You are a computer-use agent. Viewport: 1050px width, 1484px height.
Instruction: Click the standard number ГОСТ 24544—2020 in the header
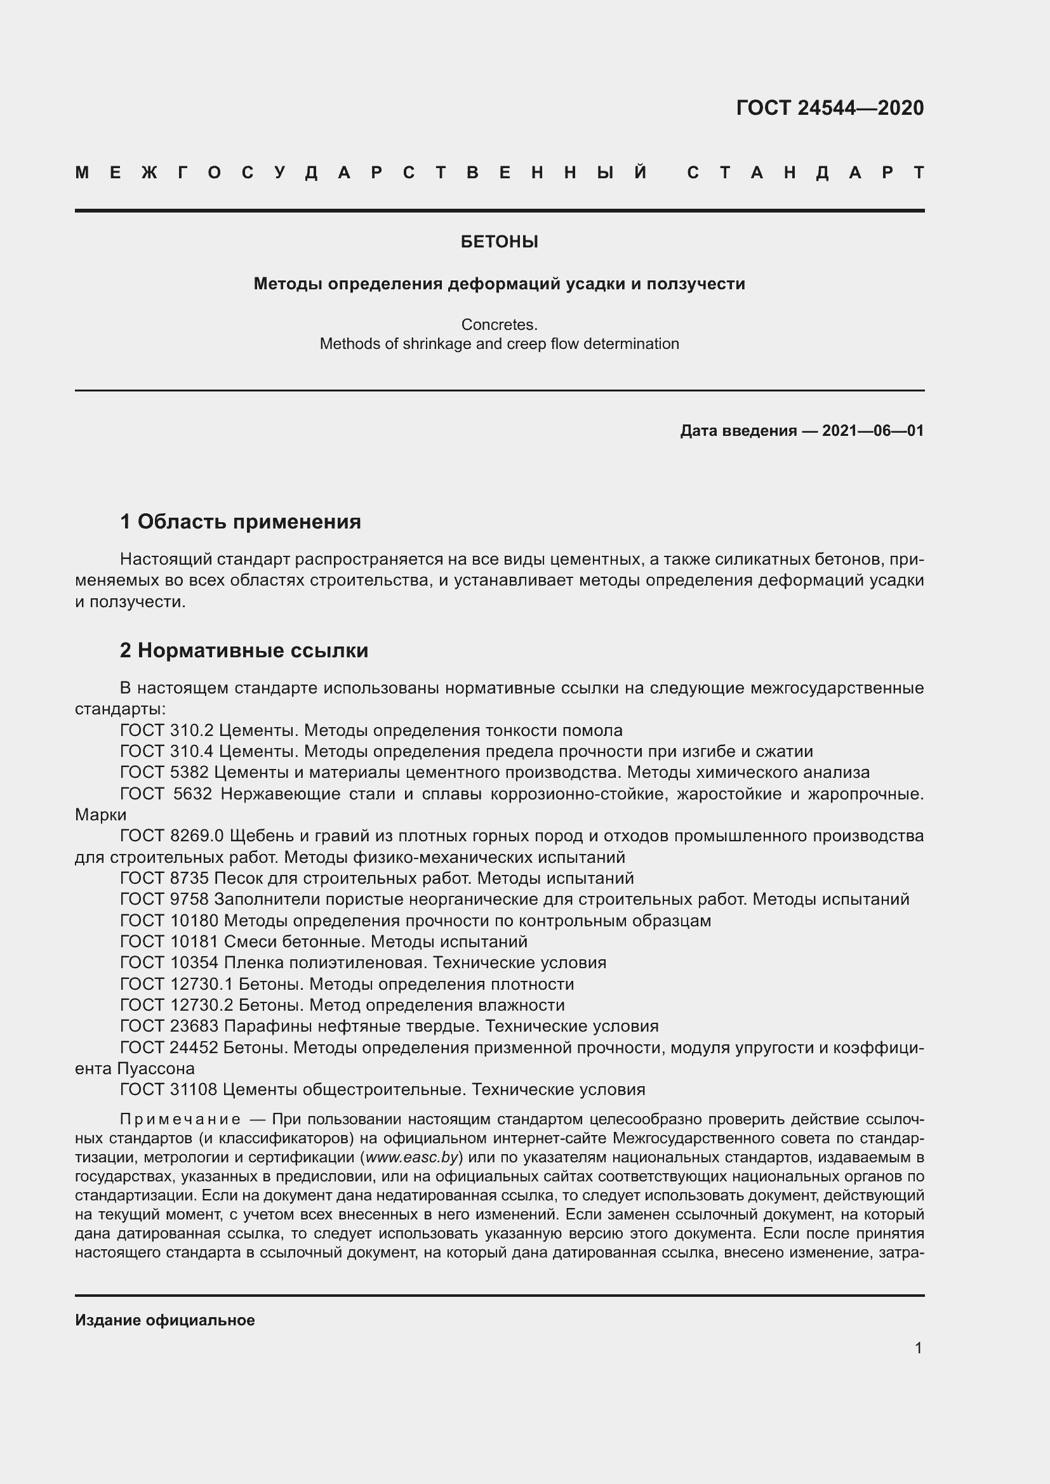830,108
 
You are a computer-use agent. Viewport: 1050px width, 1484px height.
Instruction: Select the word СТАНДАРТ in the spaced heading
805,173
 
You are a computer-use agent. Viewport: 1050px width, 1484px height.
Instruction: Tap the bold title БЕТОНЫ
499,242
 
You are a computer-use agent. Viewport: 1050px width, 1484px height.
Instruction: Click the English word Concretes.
499,324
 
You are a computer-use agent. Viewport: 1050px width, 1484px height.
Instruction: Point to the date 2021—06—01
872,430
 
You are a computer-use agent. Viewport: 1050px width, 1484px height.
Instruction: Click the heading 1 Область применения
241,521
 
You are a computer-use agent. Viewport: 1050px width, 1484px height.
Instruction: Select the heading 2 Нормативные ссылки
244,650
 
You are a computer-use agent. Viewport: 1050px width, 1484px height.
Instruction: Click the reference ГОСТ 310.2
167,730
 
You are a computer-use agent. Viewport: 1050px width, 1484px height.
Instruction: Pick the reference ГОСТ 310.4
167,751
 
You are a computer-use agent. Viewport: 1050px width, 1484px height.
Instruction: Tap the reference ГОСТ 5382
164,772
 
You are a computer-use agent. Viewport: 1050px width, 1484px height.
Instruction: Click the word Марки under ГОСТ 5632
100,815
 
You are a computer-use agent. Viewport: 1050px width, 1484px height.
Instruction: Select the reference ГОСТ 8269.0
171,836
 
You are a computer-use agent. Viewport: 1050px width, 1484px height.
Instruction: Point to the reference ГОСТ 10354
169,962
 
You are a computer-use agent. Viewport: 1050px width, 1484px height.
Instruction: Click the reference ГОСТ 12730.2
176,1005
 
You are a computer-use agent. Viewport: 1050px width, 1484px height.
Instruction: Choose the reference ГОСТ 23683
169,1026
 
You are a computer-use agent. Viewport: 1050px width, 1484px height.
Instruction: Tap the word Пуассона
156,1068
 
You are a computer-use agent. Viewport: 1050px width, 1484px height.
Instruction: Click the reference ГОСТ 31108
169,1089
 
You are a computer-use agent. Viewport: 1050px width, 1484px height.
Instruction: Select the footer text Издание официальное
165,1320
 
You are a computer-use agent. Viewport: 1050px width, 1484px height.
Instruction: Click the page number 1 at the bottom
918,1348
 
